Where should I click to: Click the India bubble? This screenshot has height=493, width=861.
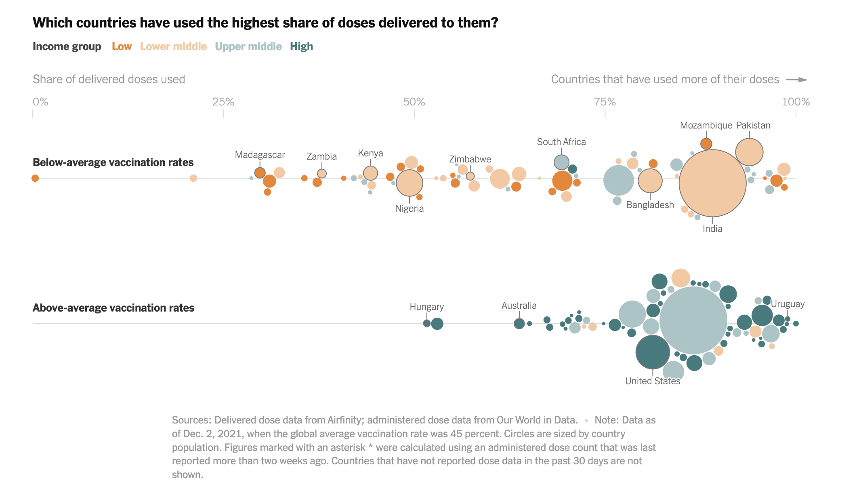coord(712,183)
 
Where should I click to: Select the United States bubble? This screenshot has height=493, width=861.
coord(653,352)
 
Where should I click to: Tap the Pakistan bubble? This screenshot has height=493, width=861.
coord(749,152)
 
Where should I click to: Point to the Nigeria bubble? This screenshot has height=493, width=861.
coord(409,183)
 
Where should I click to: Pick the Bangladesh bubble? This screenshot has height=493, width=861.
coord(650,181)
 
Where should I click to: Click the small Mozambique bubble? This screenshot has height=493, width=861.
coord(706,144)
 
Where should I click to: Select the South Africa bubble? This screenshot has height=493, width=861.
coord(561,162)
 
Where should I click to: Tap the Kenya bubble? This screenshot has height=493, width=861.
coord(370,173)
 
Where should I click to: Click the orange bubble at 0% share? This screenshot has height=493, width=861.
coord(35,178)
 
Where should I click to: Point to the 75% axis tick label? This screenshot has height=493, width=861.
coord(605,102)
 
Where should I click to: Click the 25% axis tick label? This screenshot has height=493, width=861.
coord(223,102)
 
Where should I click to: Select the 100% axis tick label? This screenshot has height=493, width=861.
coord(796,102)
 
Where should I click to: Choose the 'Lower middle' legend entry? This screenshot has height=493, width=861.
coord(173,46)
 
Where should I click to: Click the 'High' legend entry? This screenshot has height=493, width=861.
coord(301,46)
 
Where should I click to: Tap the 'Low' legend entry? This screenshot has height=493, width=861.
coord(122,46)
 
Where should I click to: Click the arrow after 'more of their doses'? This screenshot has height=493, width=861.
coord(797,80)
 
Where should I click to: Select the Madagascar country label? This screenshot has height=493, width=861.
coord(260,155)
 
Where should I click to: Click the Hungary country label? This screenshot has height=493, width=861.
coord(426,307)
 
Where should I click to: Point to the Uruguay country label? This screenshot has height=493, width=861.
coord(787,304)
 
